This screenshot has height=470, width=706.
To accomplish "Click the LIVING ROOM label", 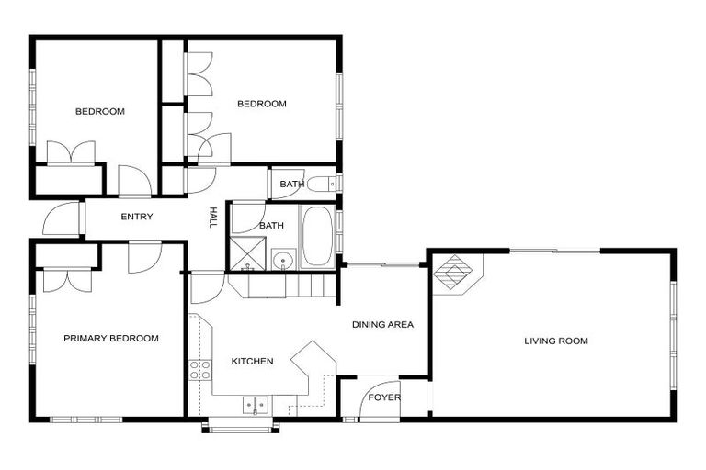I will [555, 341].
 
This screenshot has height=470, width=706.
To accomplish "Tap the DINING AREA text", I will [382, 324].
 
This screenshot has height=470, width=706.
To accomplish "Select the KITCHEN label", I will [252, 362].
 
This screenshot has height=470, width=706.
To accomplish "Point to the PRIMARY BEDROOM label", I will [110, 339].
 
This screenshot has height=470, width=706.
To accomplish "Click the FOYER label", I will [384, 397].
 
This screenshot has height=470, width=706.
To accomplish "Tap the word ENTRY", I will [137, 218].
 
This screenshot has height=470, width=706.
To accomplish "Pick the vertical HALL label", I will [213, 218].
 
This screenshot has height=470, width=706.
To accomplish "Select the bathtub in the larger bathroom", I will [318, 237].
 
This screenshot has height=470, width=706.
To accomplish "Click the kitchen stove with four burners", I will [199, 370].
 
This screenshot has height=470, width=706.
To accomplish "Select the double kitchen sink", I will [255, 404].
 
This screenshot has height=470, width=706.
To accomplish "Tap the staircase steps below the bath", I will [285, 286].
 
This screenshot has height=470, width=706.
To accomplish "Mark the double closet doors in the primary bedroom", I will [67, 279].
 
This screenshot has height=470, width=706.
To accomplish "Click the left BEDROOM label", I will [99, 112].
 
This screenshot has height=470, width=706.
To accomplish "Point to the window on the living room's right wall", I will [673, 313].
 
